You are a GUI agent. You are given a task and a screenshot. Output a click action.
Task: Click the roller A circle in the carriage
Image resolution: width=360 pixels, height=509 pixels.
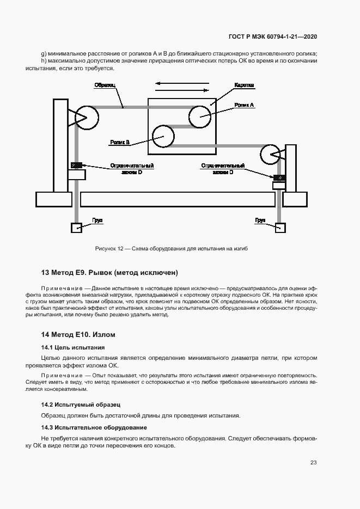(x=199, y=115)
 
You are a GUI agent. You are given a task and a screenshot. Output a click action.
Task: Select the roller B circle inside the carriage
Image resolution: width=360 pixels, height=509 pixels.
(x=163, y=137)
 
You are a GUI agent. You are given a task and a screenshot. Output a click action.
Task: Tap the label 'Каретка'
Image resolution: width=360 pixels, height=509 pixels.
(x=245, y=86)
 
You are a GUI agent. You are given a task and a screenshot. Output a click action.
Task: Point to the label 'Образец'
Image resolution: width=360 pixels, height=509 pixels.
(x=105, y=85)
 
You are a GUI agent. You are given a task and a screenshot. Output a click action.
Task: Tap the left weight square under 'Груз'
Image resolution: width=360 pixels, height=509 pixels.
(x=76, y=228)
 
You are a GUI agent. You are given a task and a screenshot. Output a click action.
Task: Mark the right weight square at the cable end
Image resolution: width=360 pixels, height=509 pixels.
(x=280, y=228)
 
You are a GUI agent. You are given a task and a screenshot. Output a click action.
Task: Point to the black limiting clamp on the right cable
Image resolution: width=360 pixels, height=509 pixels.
(x=279, y=178)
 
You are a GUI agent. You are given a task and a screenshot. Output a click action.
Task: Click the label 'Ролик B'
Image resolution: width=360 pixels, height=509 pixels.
(x=119, y=142)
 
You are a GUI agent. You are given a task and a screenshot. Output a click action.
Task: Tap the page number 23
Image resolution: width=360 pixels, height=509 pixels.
(x=314, y=463)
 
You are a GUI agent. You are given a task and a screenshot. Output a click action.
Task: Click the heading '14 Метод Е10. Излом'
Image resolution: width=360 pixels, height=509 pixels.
(x=78, y=334)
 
